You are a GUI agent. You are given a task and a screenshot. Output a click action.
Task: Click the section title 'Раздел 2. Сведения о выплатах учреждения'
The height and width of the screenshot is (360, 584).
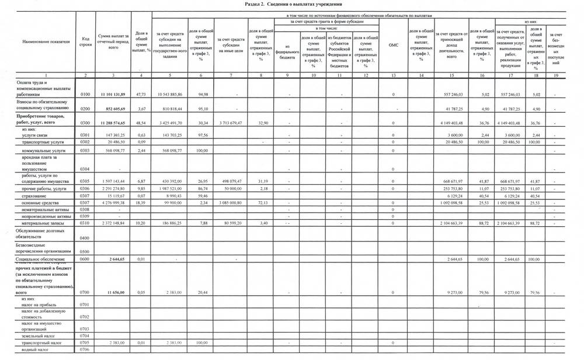tap(291, 4)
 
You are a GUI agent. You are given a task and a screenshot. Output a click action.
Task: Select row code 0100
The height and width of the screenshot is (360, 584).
tap(85, 94)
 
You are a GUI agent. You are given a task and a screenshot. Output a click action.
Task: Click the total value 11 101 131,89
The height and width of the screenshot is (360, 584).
tap(113, 94)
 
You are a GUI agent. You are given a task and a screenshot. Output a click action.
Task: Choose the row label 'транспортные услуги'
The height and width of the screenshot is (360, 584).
tap(40, 142)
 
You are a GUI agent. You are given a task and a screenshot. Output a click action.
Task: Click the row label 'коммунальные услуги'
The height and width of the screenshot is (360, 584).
tap(41, 151)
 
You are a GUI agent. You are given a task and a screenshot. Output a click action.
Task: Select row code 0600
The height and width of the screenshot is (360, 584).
tap(85, 259)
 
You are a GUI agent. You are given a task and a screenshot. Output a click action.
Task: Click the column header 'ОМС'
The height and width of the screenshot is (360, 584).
tap(392, 44)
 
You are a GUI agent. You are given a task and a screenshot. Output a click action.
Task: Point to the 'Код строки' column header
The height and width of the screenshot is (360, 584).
tap(85, 42)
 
